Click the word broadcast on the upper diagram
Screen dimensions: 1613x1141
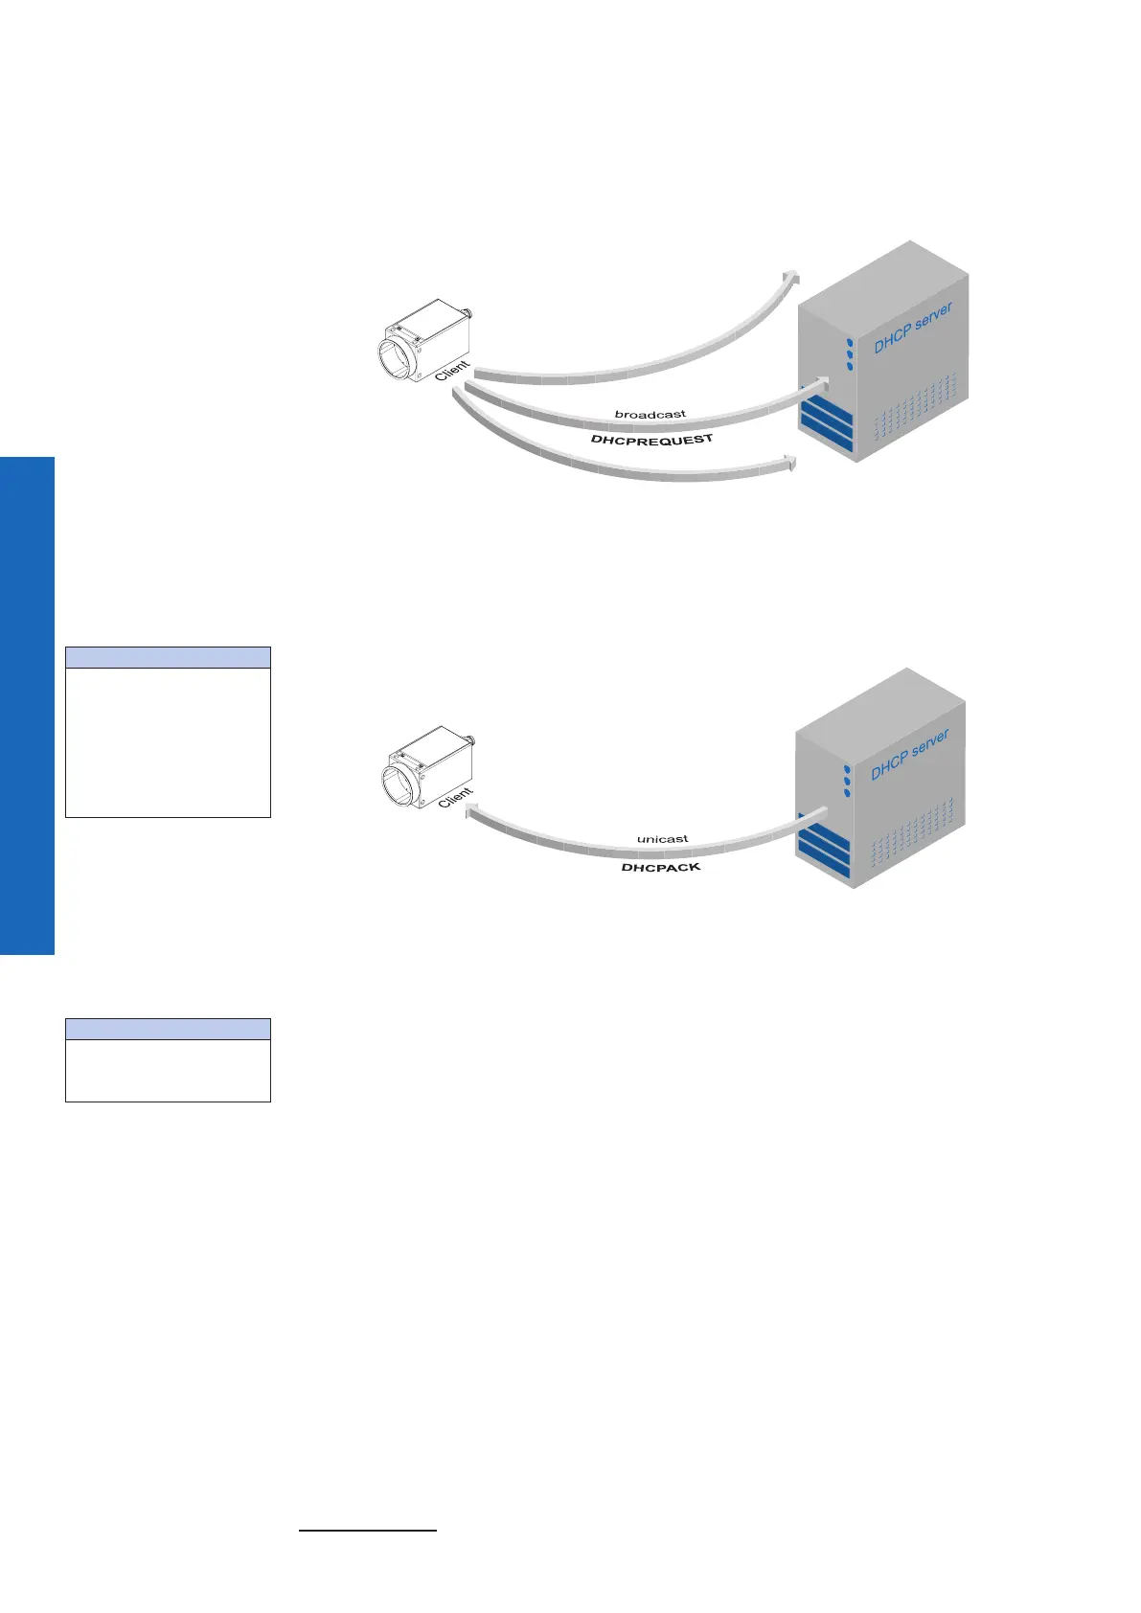coord(650,415)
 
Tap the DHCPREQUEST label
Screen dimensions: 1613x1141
coord(651,440)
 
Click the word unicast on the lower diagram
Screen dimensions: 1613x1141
coord(662,839)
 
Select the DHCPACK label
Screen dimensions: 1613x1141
coord(661,867)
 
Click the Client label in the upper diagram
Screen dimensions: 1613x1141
coord(452,371)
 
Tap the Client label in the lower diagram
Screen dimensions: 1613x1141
coord(455,797)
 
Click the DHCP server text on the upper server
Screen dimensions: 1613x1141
coord(911,329)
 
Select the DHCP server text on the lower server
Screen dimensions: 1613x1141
coord(909,754)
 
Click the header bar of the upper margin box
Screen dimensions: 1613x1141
coord(168,657)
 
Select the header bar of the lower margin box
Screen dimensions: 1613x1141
coord(168,1029)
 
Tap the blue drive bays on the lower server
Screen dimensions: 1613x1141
coord(823,848)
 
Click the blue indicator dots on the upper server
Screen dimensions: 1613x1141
coord(849,353)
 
